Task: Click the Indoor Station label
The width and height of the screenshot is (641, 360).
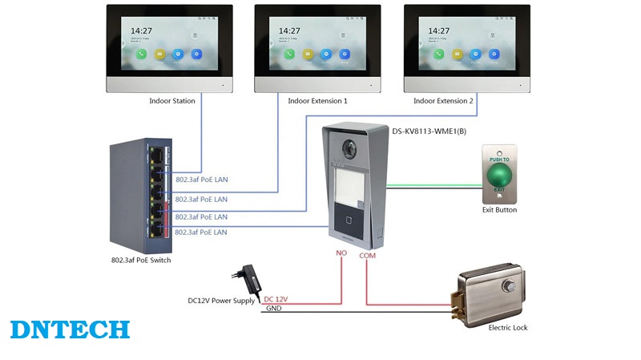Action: click(x=171, y=101)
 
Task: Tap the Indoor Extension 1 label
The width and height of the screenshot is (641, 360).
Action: click(x=317, y=101)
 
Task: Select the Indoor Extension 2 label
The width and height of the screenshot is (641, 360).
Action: click(x=443, y=101)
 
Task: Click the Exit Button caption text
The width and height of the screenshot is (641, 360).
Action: click(x=500, y=210)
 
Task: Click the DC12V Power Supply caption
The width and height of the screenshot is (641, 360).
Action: click(x=221, y=301)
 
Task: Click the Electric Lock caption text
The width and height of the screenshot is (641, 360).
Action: click(x=508, y=327)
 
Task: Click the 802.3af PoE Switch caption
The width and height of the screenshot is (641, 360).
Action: click(x=140, y=260)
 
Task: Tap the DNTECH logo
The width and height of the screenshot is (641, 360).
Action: click(x=70, y=330)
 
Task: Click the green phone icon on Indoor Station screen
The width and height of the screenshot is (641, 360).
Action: click(x=141, y=55)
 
